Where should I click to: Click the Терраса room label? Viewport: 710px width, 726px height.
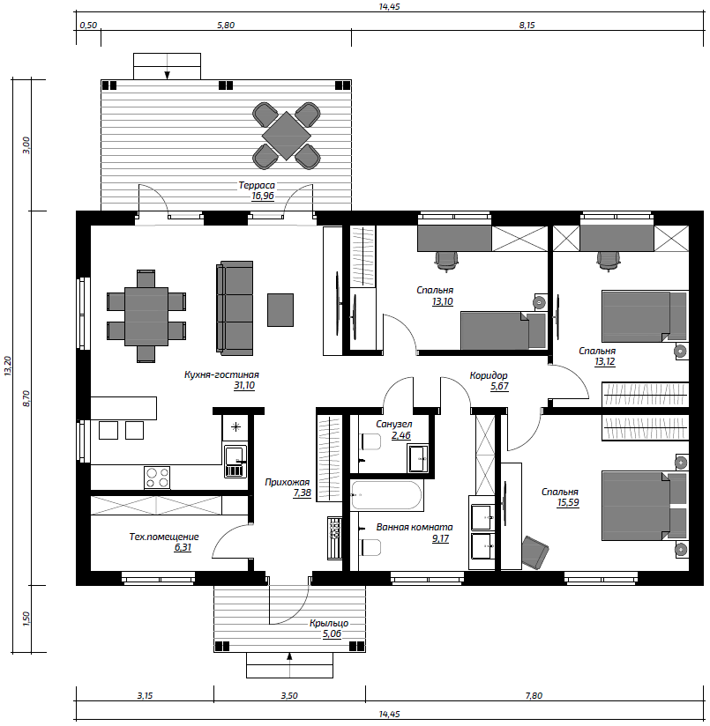257,185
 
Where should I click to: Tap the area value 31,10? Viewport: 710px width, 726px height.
244,385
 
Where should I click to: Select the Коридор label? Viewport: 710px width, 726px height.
489,375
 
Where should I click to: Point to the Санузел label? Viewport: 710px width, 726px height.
394,424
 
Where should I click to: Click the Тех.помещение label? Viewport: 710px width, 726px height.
164,537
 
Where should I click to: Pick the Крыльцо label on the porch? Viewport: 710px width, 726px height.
329,623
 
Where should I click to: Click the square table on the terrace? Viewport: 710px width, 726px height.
287,136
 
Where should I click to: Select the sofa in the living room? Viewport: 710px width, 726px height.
235,308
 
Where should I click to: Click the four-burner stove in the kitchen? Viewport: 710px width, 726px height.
157,478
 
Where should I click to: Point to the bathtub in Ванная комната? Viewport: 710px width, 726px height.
386,495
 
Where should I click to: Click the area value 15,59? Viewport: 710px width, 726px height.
568,503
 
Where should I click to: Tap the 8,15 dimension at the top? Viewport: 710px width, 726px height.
527,25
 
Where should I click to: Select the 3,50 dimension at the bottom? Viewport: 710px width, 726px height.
289,695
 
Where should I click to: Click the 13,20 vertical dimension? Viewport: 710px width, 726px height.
8,366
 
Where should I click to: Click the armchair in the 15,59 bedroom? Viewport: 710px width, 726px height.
534,552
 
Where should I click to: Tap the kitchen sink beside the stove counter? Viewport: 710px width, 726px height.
235,461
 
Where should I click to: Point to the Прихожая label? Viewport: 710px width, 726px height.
287,483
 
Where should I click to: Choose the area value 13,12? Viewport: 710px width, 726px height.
605,362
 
